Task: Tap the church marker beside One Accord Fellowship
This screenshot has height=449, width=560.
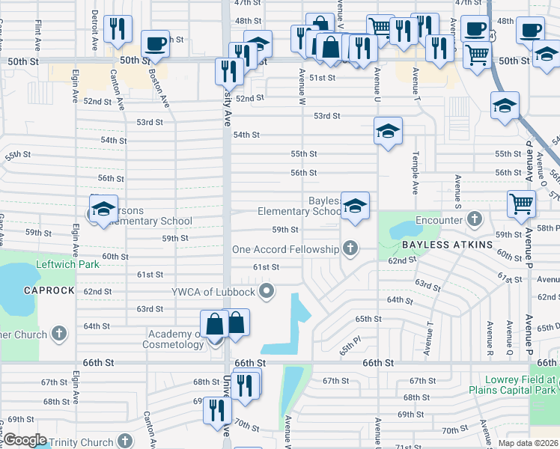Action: pos(348,248)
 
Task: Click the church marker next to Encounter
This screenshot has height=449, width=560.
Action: pos(473,220)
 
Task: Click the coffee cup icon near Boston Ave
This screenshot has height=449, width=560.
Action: pos(156,43)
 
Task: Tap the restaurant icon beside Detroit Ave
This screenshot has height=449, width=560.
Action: pos(118,29)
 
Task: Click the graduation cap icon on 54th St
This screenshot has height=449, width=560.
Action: pos(388,131)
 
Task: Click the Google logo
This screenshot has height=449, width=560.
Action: pos(25,440)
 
